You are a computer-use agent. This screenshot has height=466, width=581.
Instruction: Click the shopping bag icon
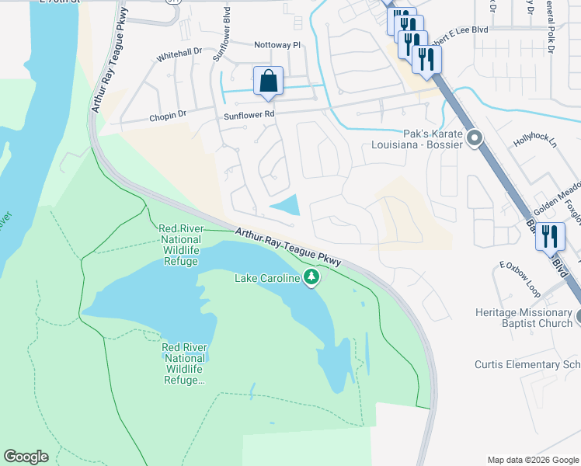(x=268, y=81)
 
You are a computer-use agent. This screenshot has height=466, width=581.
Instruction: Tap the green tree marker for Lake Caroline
(x=311, y=277)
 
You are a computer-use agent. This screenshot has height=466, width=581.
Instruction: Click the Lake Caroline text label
(x=268, y=277)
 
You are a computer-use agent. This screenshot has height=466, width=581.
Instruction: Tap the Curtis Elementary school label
(x=527, y=364)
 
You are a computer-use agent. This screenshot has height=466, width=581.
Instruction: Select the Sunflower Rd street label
(x=249, y=114)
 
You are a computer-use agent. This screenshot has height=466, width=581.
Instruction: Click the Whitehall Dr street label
(x=179, y=55)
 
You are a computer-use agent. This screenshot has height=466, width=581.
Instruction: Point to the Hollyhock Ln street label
(x=535, y=143)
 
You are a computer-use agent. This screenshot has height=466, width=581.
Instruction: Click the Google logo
(x=26, y=457)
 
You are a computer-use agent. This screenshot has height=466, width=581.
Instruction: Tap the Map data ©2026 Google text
(x=533, y=459)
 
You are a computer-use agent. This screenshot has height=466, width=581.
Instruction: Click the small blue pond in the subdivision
(x=285, y=205)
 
